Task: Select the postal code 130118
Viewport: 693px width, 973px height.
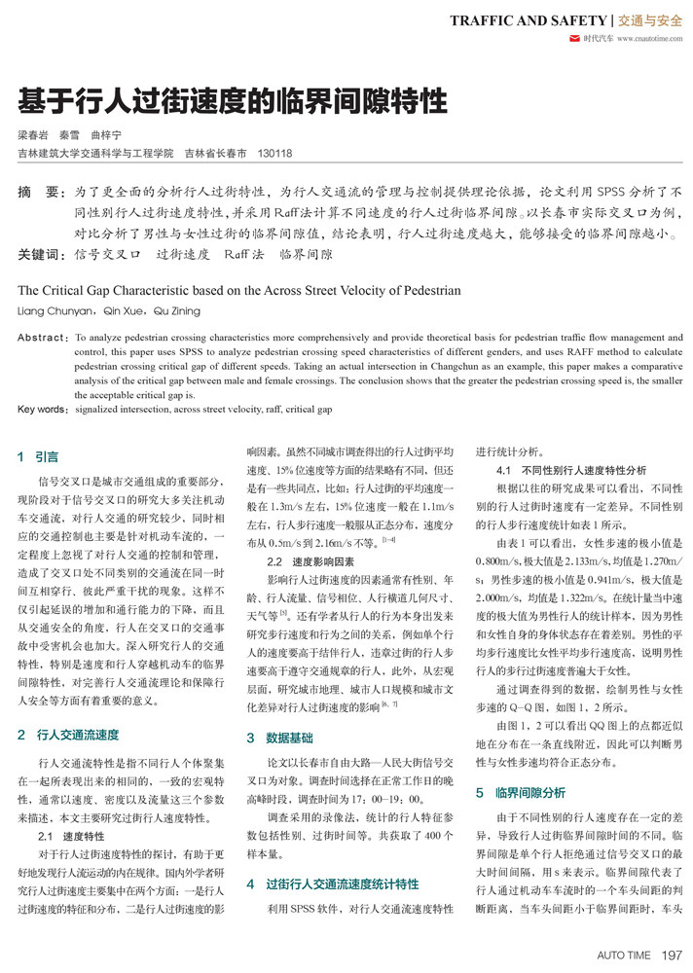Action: pos(274,153)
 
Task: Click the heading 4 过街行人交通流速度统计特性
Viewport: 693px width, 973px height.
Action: pos(333,883)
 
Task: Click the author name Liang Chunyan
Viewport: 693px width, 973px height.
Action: pos(49,311)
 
